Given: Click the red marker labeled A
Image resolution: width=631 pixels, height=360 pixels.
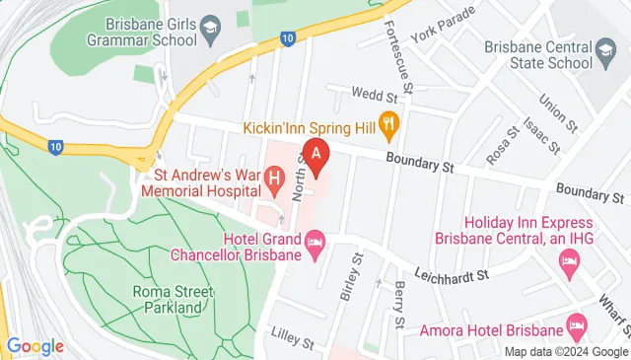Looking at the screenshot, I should [x=315, y=156].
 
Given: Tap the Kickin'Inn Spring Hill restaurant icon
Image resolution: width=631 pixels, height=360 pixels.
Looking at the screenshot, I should [x=389, y=126].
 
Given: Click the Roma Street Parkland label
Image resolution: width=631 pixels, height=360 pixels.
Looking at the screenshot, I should [x=170, y=300].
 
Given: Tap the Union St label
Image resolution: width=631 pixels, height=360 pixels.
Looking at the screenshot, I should [x=553, y=112].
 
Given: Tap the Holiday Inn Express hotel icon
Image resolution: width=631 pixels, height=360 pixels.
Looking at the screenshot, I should [x=570, y=260].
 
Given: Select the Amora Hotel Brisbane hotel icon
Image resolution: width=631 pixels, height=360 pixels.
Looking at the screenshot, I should [x=577, y=324].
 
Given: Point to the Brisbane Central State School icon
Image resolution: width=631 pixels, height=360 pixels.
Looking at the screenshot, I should [x=605, y=47].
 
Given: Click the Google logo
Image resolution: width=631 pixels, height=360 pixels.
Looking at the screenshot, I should [x=35, y=346].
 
